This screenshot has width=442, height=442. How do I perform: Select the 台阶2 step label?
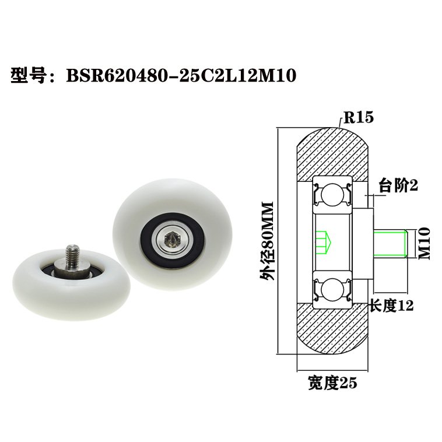click(398, 185)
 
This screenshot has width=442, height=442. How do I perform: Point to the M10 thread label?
click(424, 243)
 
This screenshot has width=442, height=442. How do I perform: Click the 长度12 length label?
click(392, 306)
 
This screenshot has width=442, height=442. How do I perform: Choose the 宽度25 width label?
click(332, 383)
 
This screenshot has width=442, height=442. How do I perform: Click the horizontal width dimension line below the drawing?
click(332, 371)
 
